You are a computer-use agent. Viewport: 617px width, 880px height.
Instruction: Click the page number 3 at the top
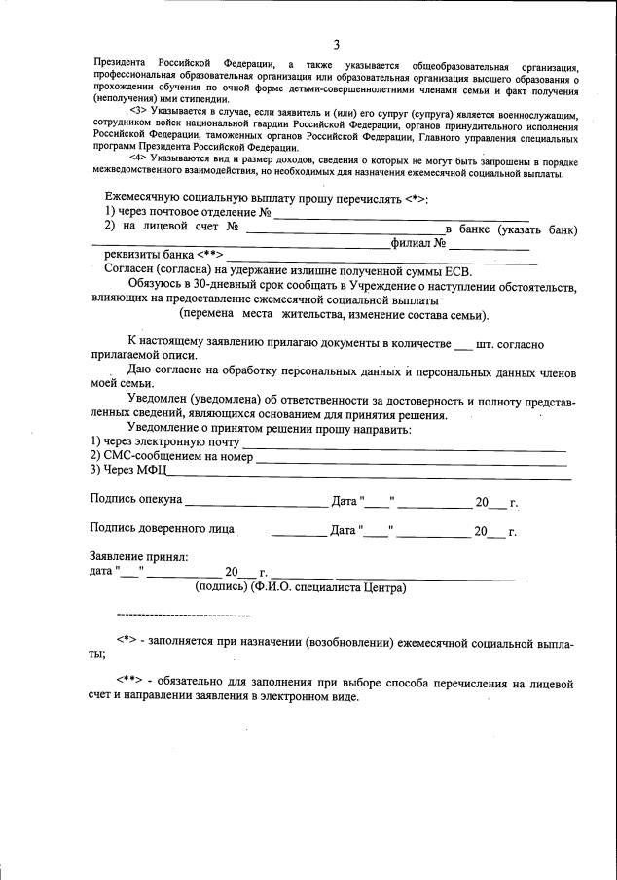(x=336, y=45)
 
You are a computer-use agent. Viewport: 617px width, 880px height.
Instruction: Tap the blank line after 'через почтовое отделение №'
(x=401, y=213)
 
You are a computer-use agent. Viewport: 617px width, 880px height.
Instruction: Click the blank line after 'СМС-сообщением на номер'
(x=410, y=458)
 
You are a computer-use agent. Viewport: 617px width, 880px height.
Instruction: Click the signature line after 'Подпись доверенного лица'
(x=298, y=534)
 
